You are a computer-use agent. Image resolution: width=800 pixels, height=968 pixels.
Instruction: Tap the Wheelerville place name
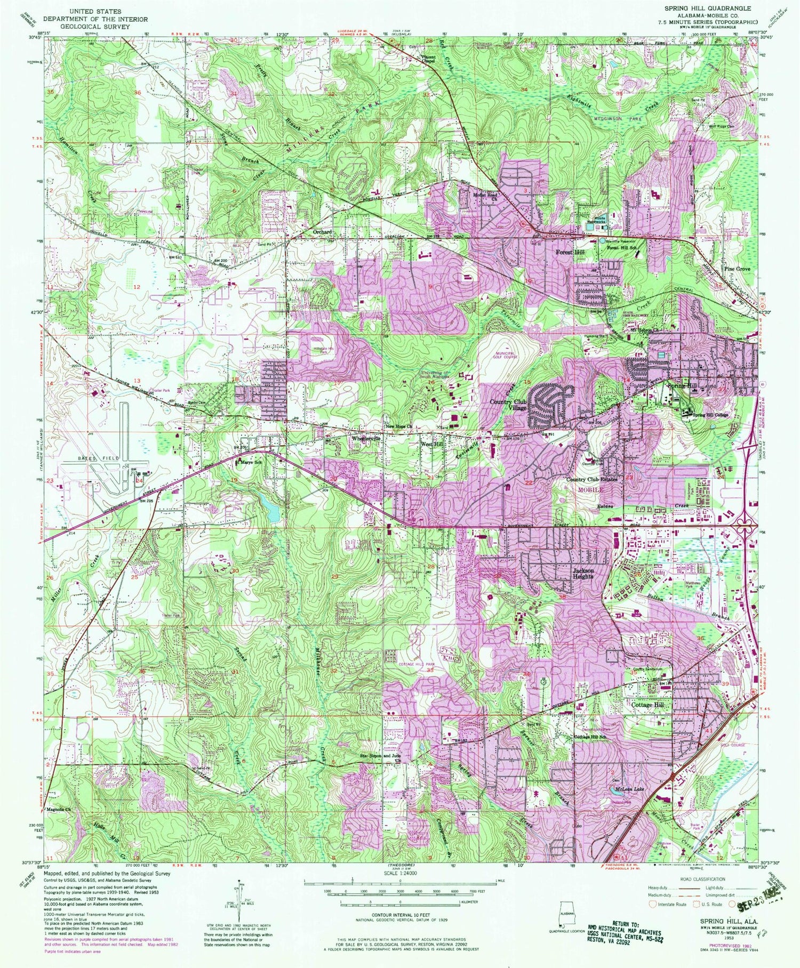(x=366, y=438)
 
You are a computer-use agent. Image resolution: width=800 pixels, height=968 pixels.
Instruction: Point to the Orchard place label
(x=322, y=232)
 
